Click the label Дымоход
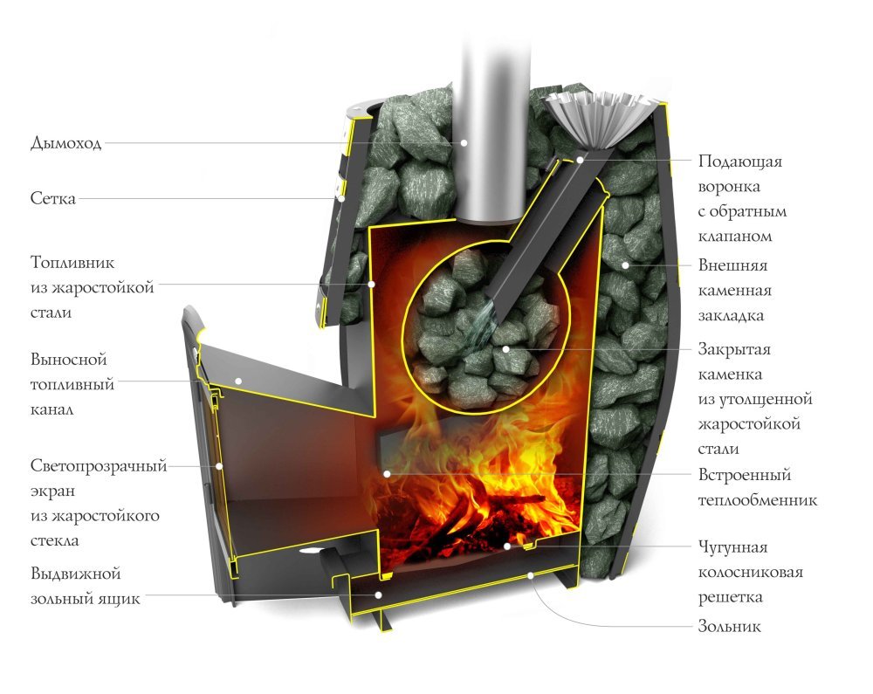(x=65, y=143)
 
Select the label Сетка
(x=53, y=199)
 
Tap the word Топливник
(x=72, y=263)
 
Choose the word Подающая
(x=740, y=161)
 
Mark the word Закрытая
(x=734, y=349)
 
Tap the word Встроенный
(x=745, y=476)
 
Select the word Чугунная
(x=732, y=547)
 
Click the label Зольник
(x=730, y=626)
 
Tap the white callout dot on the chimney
(x=464, y=142)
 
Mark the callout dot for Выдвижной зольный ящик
(x=377, y=594)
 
